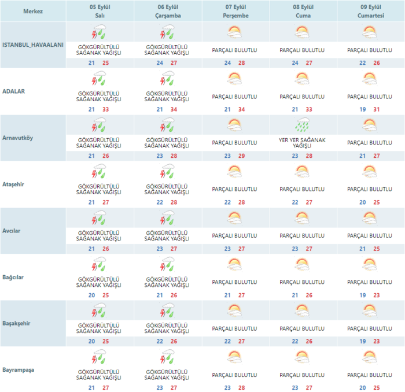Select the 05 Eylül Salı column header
(x=100, y=11)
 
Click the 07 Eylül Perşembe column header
(x=234, y=11)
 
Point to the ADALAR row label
(x=13, y=91)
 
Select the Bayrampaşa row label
(x=19, y=369)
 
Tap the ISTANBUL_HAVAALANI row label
(x=32, y=45)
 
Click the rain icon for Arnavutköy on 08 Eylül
(x=302, y=124)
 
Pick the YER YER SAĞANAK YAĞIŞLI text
(x=302, y=143)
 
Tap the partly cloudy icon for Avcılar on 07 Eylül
(x=234, y=217)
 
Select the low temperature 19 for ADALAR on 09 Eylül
(x=362, y=109)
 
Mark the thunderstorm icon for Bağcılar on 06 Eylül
(x=167, y=264)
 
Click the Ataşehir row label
(x=14, y=184)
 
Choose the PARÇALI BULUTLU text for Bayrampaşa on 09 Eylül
(x=370, y=375)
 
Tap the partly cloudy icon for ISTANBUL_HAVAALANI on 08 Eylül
(x=302, y=31)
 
